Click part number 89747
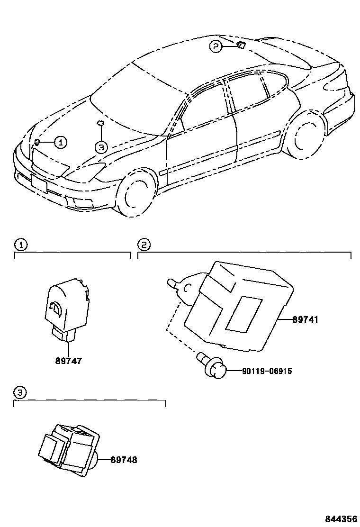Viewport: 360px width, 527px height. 69,361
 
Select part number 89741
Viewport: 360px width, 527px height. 305,320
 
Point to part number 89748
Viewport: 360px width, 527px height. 124,459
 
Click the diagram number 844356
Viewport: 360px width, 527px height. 341,519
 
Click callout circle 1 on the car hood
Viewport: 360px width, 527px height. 61,142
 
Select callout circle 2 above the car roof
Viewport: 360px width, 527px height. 216,46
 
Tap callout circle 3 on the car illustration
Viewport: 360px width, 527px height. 101,147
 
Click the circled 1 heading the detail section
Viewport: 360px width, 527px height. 20,245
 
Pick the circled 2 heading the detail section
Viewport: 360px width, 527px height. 144,245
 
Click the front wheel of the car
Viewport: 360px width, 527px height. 137,195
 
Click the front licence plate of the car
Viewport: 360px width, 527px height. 40,183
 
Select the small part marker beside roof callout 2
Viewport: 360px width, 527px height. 241,45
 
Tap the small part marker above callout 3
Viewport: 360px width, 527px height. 100,124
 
